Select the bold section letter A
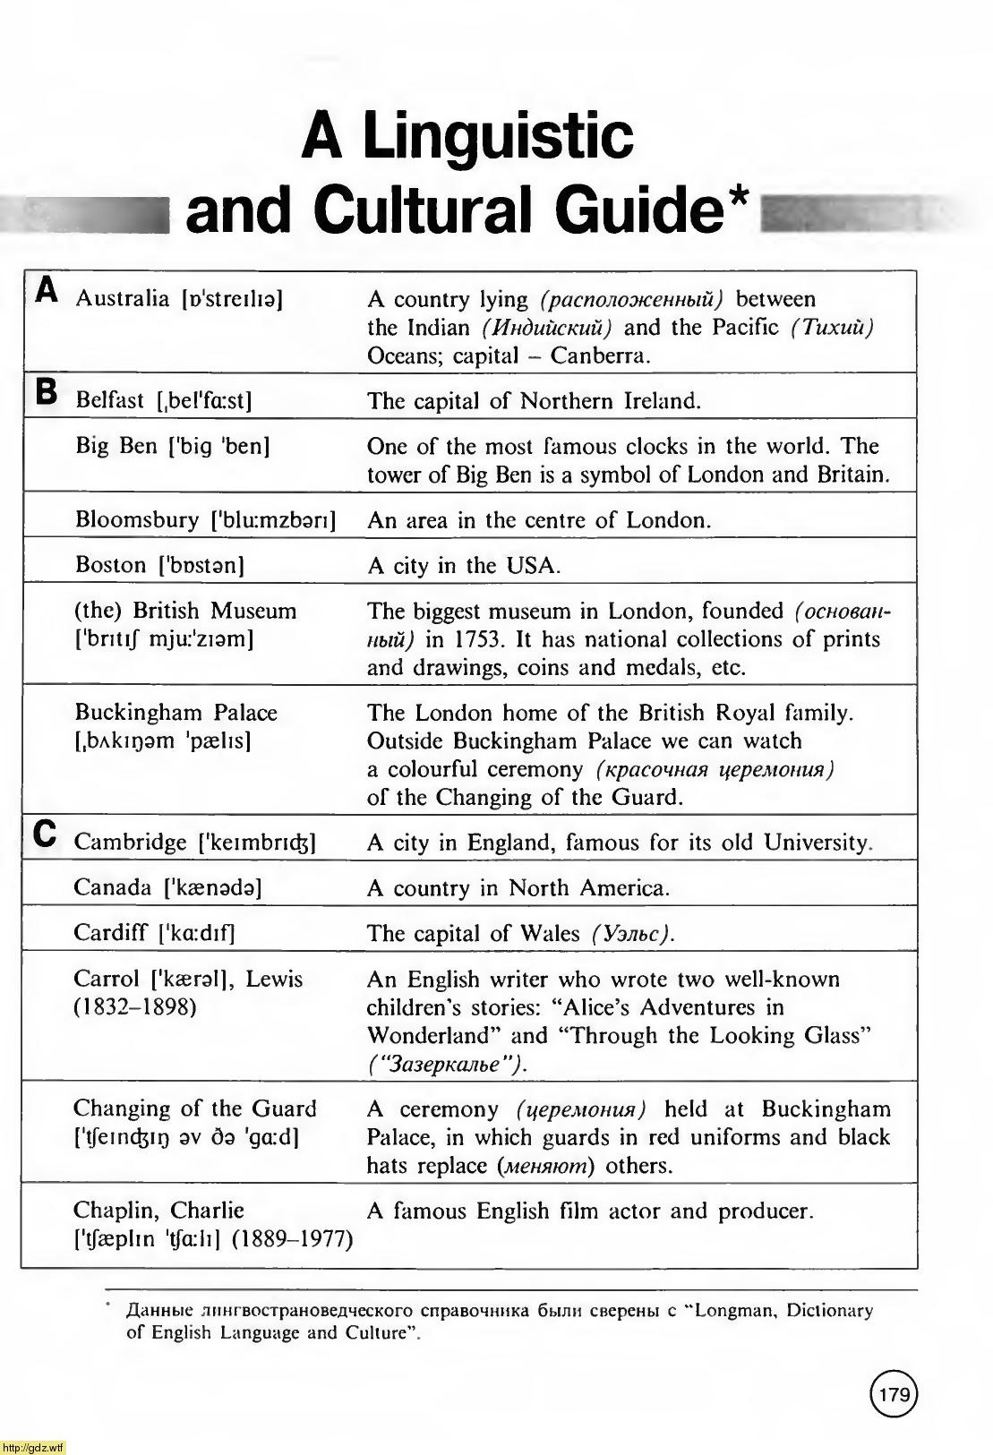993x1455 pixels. click(47, 289)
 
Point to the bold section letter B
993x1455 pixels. click(46, 391)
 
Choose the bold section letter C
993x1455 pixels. click(45, 833)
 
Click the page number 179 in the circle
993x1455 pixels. click(894, 1395)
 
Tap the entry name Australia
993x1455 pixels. click(122, 298)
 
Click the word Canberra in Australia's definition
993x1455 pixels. click(599, 355)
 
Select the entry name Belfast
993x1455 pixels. click(110, 400)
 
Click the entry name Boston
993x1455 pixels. click(110, 565)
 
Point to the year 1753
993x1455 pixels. click(474, 639)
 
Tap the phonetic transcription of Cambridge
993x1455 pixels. click(257, 843)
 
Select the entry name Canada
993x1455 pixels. click(113, 887)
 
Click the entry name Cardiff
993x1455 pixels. click(110, 933)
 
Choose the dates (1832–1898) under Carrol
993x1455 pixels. click(135, 1006)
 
